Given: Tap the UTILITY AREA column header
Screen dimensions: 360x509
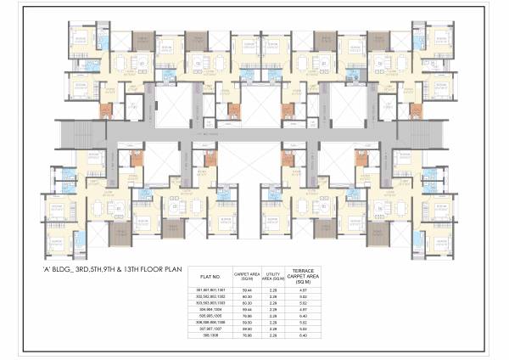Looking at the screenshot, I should (271, 276).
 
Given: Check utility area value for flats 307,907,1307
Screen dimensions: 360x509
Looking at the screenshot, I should (271, 329).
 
